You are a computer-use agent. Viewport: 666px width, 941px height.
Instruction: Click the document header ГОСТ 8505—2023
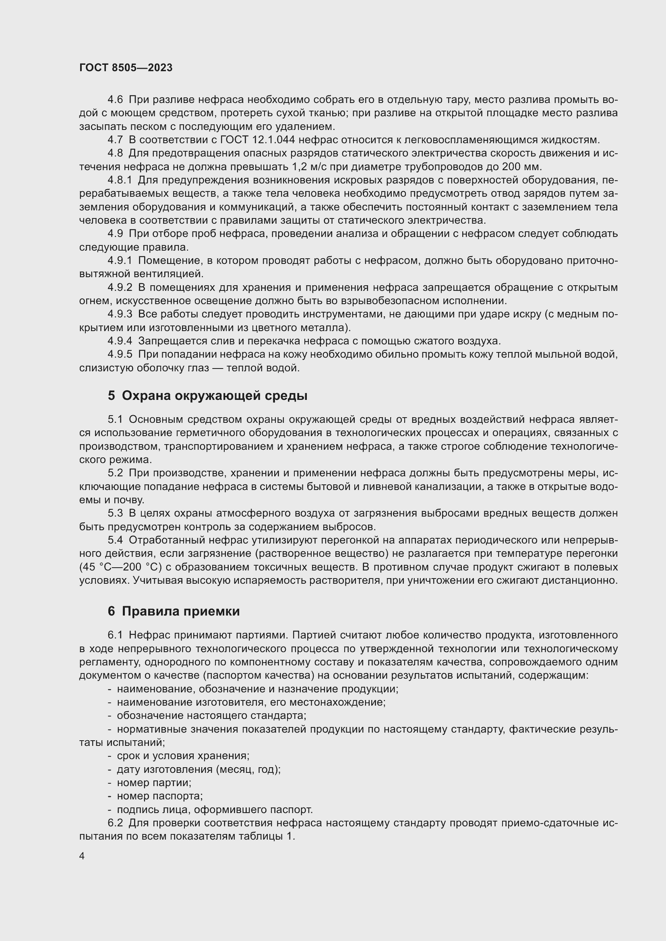coord(126,68)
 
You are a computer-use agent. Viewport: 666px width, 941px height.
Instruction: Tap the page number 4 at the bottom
coord(82,856)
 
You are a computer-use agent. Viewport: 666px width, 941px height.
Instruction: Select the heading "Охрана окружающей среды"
coord(215,395)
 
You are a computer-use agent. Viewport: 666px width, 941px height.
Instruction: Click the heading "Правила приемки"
coord(180,611)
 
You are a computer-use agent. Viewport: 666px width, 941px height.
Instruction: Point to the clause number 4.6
coord(115,100)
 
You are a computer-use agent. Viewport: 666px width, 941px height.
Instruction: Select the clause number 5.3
coord(115,513)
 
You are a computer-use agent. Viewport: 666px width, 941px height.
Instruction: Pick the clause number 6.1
coord(115,635)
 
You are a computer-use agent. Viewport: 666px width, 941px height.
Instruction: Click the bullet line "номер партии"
coord(154,782)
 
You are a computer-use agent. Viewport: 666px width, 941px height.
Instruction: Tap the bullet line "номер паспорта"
coord(159,796)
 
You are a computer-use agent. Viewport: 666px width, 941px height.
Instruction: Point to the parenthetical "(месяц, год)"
coord(247,769)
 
